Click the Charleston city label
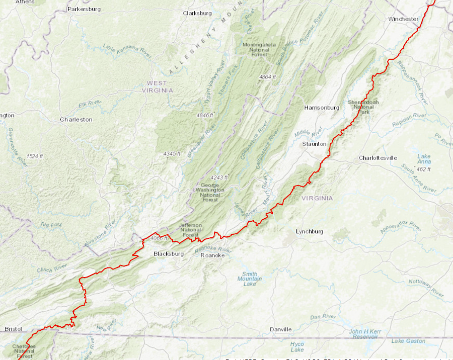coord(76,120)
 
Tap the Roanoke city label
coord(212,255)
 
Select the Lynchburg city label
coord(309,231)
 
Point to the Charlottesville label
coord(377,158)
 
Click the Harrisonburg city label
coord(322,108)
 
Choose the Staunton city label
coord(314,144)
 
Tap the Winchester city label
coord(403,19)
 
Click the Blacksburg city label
coord(169,254)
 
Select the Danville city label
coord(280,329)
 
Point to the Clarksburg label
coord(197,13)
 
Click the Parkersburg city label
coord(84,9)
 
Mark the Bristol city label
coord(13,329)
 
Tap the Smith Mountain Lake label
coord(250,279)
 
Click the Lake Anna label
coord(424,159)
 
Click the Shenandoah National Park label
coord(363,107)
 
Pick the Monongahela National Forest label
coord(259,49)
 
